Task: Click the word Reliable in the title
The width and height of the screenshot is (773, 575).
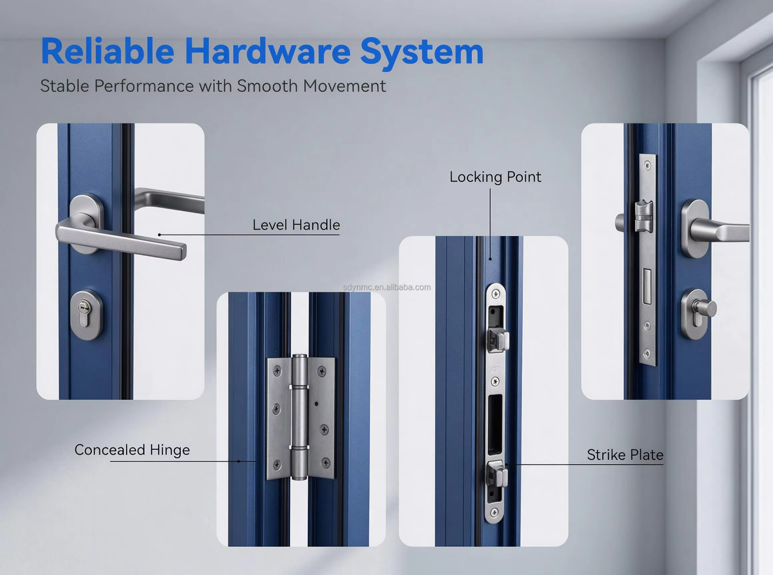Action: click(x=107, y=51)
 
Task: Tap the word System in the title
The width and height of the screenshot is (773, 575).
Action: click(x=422, y=52)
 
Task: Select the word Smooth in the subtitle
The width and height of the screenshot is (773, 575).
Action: click(x=267, y=85)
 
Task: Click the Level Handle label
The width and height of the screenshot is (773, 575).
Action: click(x=296, y=225)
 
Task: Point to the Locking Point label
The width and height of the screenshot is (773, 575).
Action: click(x=495, y=177)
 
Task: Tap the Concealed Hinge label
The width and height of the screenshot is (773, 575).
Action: click(x=132, y=450)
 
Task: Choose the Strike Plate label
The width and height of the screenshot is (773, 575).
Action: click(x=625, y=455)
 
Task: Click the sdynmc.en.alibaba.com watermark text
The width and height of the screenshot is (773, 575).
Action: click(x=387, y=287)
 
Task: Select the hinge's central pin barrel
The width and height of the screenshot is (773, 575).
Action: click(x=299, y=417)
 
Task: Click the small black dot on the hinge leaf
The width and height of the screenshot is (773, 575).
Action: click(x=316, y=404)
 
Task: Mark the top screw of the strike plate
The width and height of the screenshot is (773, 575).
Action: click(x=495, y=293)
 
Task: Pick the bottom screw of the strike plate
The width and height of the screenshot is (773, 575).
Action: click(x=494, y=512)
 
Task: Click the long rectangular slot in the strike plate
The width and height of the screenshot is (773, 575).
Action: click(x=495, y=425)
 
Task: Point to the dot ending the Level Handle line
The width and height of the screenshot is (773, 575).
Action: click(x=159, y=235)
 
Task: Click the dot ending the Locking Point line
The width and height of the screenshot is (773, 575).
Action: click(x=490, y=259)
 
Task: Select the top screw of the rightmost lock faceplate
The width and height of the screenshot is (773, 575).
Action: click(x=647, y=165)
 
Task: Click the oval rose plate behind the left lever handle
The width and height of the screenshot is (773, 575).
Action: click(x=87, y=223)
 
